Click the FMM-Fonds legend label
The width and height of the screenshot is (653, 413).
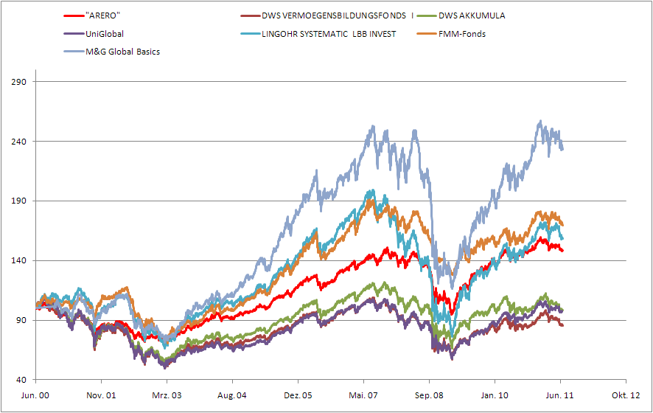[x=461, y=33]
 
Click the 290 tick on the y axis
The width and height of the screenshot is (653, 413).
[x=19, y=81]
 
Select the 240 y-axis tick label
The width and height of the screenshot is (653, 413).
[x=19, y=141]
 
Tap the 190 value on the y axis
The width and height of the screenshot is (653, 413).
[x=19, y=201]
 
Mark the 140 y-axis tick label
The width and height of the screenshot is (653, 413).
[x=19, y=260]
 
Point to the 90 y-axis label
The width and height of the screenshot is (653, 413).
[x=21, y=320]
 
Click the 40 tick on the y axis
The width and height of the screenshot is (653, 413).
[x=21, y=380]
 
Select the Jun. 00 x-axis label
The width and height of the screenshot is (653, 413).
[x=36, y=395]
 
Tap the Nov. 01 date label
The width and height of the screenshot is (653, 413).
[x=102, y=395]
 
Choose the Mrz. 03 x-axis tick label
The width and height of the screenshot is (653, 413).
[x=167, y=395]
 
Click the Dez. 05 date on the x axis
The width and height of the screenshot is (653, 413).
[x=298, y=395]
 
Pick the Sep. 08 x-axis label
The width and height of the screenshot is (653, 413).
[x=429, y=395]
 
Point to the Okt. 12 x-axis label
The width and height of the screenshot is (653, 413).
[x=626, y=395]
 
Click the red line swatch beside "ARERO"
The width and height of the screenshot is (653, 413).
[x=72, y=15]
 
